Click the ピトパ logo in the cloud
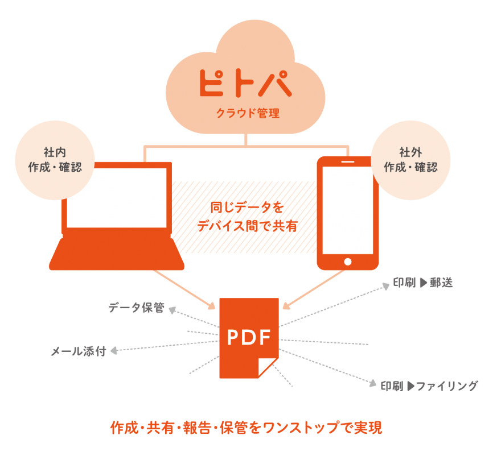click(245, 82)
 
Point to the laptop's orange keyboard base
click(117, 255)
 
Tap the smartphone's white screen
click(348, 210)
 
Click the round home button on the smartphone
click(348, 262)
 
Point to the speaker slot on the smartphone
click(348, 161)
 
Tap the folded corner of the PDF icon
click(268, 367)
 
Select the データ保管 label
click(136, 308)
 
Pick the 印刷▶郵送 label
click(422, 283)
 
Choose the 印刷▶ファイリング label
click(429, 386)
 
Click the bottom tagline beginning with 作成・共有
click(246, 428)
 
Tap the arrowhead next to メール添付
click(113, 351)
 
